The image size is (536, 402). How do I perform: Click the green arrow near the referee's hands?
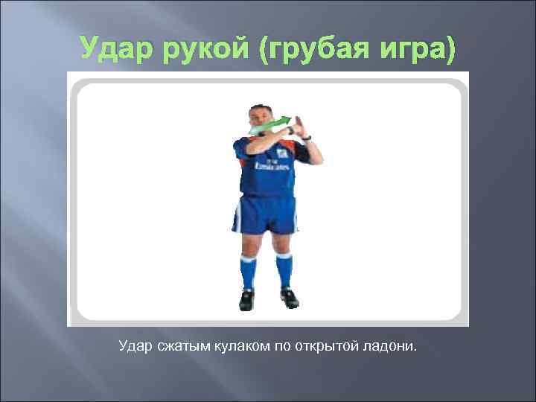point(269,125)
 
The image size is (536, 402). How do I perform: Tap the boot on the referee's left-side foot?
point(246,299)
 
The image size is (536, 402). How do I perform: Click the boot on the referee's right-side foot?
point(289,298)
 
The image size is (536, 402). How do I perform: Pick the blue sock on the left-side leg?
point(248,270)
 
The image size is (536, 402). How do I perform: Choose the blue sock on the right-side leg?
point(284,270)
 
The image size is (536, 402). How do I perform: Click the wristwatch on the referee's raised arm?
point(306,138)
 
